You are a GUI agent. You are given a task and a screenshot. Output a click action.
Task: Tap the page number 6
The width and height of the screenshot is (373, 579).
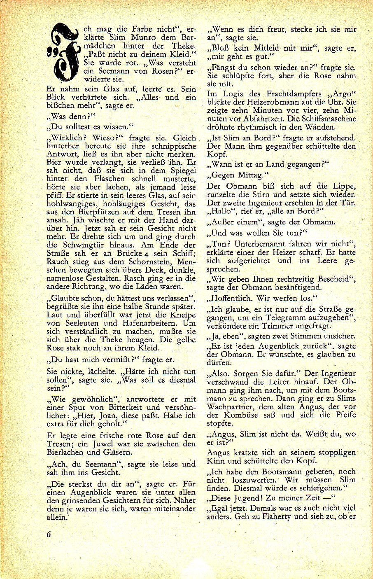tap(49, 534)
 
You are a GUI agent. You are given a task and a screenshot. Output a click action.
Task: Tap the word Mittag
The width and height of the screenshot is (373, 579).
tap(250, 175)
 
